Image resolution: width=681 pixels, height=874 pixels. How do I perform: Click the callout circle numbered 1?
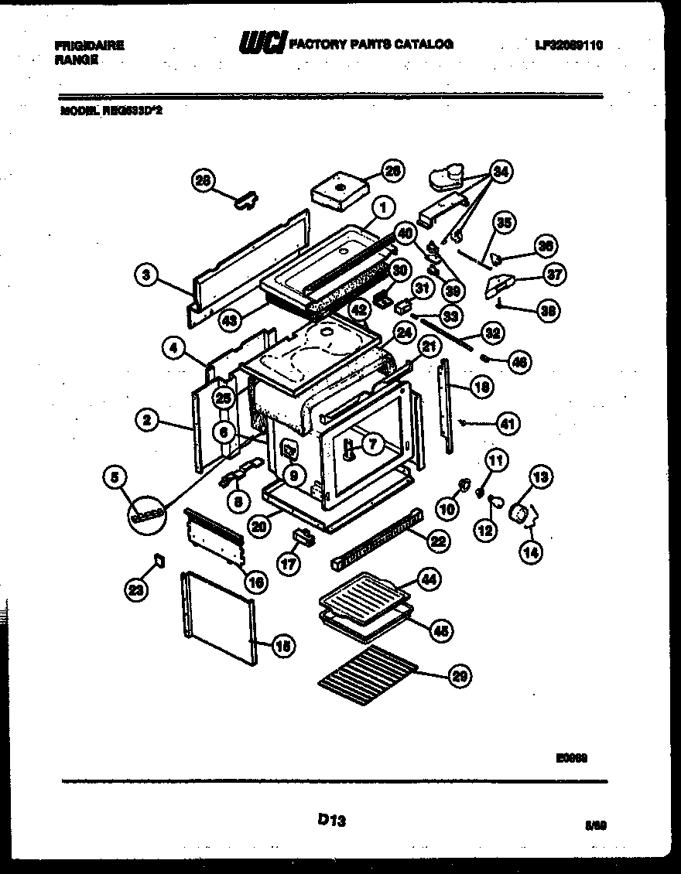tap(382, 207)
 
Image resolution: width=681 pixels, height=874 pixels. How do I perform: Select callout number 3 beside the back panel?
tap(145, 274)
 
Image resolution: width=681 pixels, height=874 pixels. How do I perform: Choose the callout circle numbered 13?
tap(541, 476)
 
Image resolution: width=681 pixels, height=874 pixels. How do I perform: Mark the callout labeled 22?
tap(439, 542)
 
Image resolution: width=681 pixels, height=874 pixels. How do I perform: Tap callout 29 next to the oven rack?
tap(460, 677)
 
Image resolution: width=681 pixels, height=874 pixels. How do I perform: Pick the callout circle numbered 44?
tap(427, 579)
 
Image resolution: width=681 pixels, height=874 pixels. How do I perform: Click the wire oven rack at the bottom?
tap(367, 667)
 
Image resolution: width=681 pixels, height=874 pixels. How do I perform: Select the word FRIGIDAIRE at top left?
tap(89, 46)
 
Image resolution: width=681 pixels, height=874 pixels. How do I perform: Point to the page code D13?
tap(330, 821)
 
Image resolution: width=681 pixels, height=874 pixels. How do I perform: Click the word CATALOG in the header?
tap(426, 45)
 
